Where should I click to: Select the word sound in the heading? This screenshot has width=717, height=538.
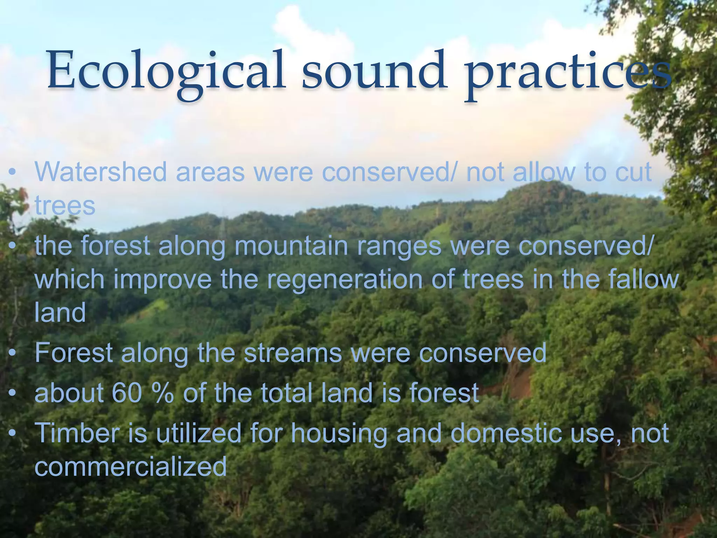373,70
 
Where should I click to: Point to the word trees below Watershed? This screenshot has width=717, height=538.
65,206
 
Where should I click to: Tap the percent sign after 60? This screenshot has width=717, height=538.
163,393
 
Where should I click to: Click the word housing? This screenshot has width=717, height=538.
339,433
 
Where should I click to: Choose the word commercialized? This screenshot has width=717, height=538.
131,467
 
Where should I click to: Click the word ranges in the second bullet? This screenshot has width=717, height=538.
399,247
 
